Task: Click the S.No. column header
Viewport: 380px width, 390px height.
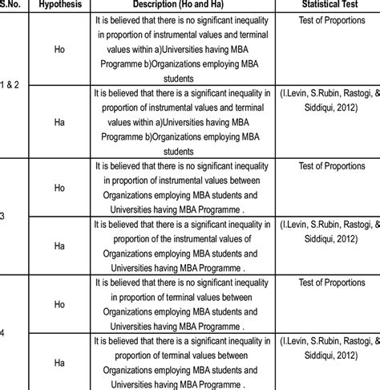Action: [11, 6]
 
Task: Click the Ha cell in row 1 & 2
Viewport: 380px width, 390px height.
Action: [58, 120]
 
